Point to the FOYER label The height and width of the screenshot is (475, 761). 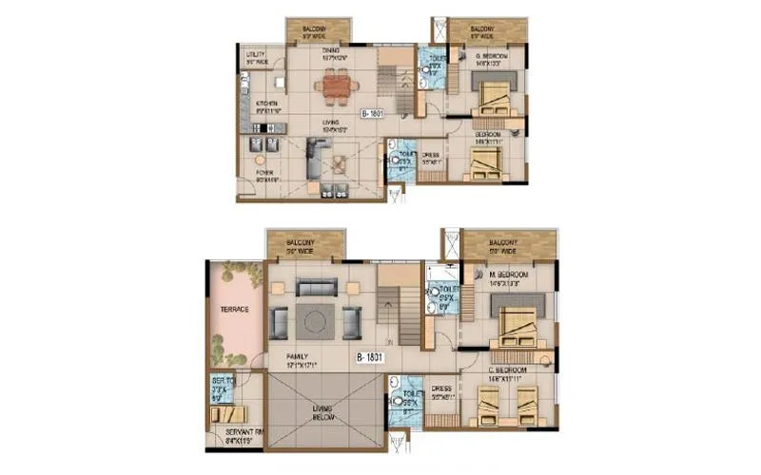click(264, 174)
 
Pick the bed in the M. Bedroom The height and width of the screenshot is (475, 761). click(515, 320)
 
